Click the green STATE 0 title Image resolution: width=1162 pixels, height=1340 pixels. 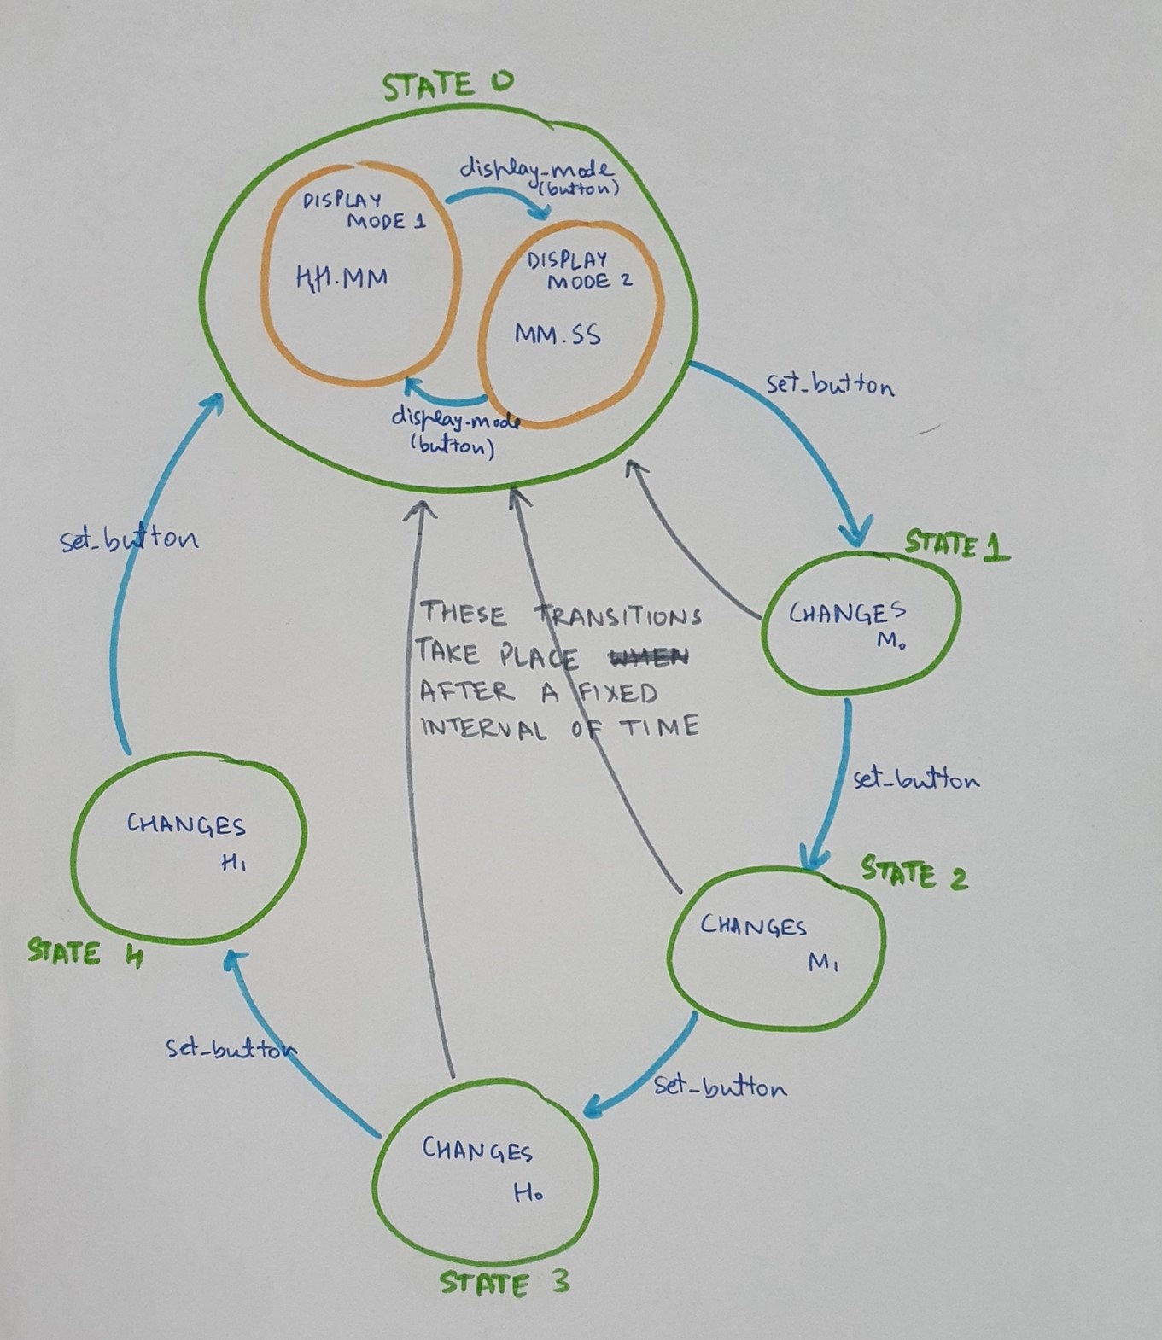click(x=447, y=84)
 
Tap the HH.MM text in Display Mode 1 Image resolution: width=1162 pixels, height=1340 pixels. click(x=342, y=277)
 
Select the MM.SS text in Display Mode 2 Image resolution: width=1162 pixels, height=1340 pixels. click(x=558, y=335)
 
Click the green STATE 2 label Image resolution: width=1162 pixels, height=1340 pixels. click(x=914, y=873)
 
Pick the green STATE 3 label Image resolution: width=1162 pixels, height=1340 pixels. click(x=504, y=1284)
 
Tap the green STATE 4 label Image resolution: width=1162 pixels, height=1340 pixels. click(x=85, y=953)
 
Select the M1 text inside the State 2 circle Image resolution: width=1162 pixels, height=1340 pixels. click(x=823, y=963)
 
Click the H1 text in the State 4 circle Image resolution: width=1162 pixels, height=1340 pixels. click(x=233, y=863)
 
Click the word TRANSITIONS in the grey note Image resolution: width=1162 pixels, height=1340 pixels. click(x=618, y=615)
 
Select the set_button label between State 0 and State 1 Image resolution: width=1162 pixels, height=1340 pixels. click(x=830, y=385)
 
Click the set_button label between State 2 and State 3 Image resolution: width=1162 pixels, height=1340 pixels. click(x=720, y=1087)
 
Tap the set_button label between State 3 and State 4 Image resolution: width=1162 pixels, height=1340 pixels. click(x=231, y=1048)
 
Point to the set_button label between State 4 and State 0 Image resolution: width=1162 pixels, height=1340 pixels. click(x=129, y=539)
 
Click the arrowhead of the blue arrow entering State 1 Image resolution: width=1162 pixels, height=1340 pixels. click(x=856, y=533)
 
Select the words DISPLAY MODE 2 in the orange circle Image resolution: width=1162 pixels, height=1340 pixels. click(x=579, y=271)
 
